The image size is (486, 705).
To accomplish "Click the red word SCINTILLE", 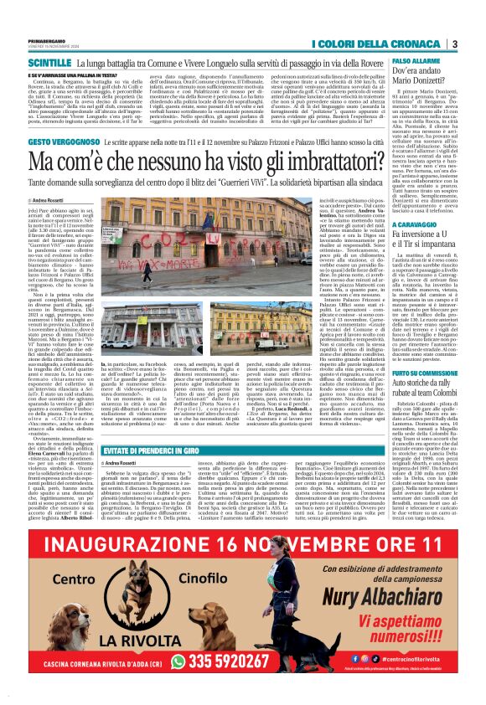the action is [49, 63].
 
